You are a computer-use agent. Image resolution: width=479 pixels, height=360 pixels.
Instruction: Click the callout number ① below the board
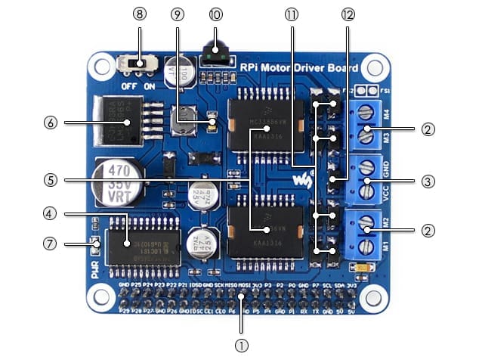240,346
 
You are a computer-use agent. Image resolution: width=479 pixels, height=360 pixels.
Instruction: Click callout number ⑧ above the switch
138,14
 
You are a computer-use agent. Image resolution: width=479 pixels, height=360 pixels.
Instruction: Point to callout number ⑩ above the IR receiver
216,14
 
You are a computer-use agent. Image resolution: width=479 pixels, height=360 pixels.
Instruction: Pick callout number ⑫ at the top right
348,14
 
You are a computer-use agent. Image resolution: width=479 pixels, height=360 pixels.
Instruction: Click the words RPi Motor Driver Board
297,68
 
